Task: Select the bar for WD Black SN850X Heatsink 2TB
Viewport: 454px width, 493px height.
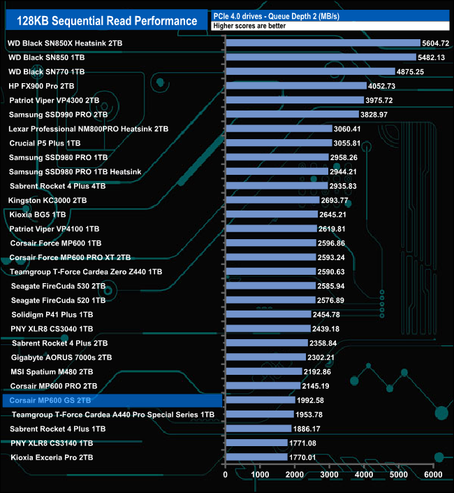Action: (323, 43)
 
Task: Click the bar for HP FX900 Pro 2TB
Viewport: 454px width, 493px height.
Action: (295, 86)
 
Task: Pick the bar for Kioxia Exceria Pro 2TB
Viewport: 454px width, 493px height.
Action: (256, 457)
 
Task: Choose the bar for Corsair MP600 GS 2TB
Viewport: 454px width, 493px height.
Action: (260, 401)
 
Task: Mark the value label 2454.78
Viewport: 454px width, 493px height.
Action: (332, 315)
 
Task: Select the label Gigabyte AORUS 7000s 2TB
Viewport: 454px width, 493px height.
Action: (61, 357)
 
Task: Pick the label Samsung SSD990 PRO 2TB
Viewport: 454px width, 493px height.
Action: (58, 114)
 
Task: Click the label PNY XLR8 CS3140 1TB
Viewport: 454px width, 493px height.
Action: (52, 443)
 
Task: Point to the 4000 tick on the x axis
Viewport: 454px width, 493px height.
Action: (364, 475)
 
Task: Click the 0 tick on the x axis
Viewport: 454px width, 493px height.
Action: (226, 475)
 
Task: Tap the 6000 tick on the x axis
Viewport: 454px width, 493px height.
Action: (433, 475)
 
